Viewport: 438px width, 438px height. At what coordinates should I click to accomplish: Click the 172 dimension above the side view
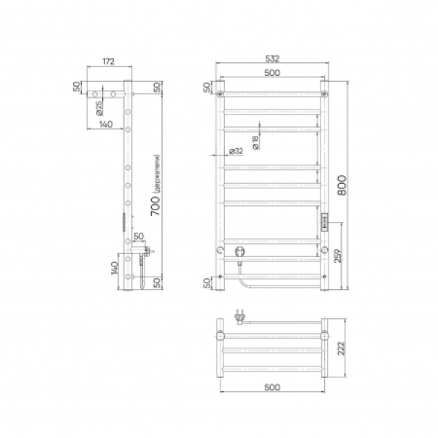click(x=108, y=63)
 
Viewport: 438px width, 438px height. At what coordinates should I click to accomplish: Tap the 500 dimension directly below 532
click(x=272, y=72)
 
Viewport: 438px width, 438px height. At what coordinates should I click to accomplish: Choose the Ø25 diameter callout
click(x=99, y=109)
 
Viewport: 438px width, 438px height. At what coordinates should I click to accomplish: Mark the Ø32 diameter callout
click(x=236, y=151)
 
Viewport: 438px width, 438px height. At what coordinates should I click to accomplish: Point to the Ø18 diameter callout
click(x=255, y=144)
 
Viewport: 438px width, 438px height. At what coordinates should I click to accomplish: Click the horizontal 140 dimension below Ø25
click(x=105, y=125)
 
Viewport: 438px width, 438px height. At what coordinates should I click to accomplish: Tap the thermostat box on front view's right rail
click(x=324, y=220)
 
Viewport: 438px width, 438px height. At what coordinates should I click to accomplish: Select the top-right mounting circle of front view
click(x=324, y=94)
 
